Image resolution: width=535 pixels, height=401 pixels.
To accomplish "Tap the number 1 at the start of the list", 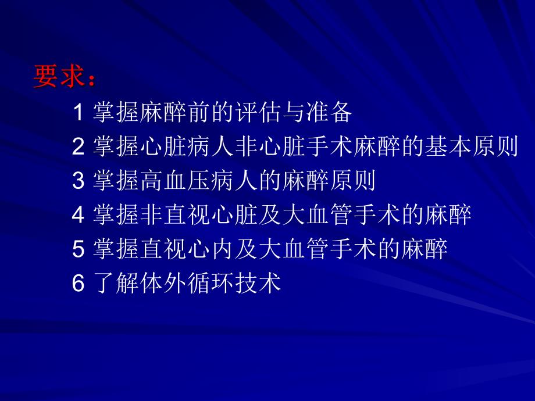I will click(x=79, y=113).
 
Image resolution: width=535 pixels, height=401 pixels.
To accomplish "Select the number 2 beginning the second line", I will click(x=79, y=147).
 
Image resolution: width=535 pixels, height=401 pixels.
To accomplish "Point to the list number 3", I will click(x=79, y=181).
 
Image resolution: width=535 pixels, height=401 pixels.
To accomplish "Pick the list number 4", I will click(x=79, y=216).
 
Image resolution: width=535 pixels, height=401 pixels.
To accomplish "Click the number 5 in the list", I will click(x=79, y=250).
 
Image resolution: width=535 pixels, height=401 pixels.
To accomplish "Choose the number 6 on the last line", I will click(x=79, y=284).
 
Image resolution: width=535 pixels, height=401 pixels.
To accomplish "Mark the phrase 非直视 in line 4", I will click(x=175, y=216).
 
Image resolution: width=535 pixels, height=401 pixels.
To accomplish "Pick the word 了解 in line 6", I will click(x=116, y=284).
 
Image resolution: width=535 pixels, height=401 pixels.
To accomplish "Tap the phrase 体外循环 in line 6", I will click(x=187, y=284).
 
